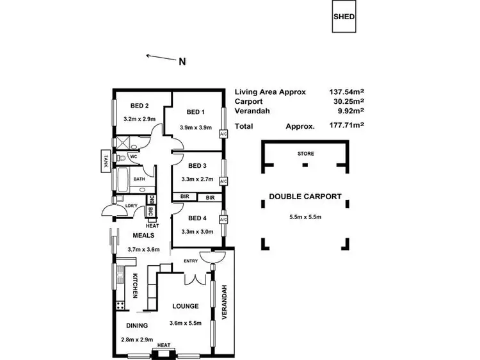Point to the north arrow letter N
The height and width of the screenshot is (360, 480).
pos(182,62)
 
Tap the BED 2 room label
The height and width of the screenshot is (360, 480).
pos(140,106)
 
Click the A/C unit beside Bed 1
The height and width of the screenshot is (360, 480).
pos(223,135)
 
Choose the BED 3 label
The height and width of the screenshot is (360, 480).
pos(197,165)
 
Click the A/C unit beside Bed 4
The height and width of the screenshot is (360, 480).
pos(223,220)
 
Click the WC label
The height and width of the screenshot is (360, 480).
pos(134,156)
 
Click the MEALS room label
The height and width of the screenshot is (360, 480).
pos(141,236)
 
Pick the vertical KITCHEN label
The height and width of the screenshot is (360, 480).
pos(135,286)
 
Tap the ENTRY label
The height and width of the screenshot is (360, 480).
pos(190,261)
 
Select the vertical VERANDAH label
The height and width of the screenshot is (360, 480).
pos(225,302)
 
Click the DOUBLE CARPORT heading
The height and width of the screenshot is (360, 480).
pos(305,197)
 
